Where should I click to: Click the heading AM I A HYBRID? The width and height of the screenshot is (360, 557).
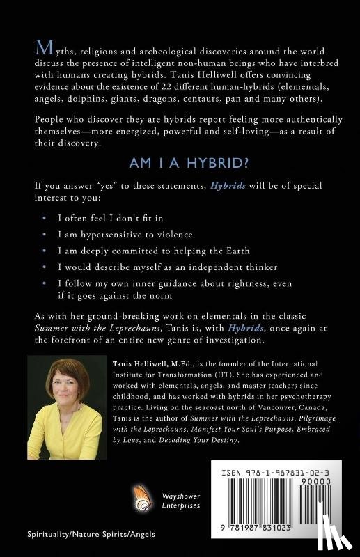(x=180, y=162)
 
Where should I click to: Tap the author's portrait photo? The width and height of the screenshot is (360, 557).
(x=63, y=409)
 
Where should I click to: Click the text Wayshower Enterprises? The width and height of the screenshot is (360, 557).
(x=180, y=497)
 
